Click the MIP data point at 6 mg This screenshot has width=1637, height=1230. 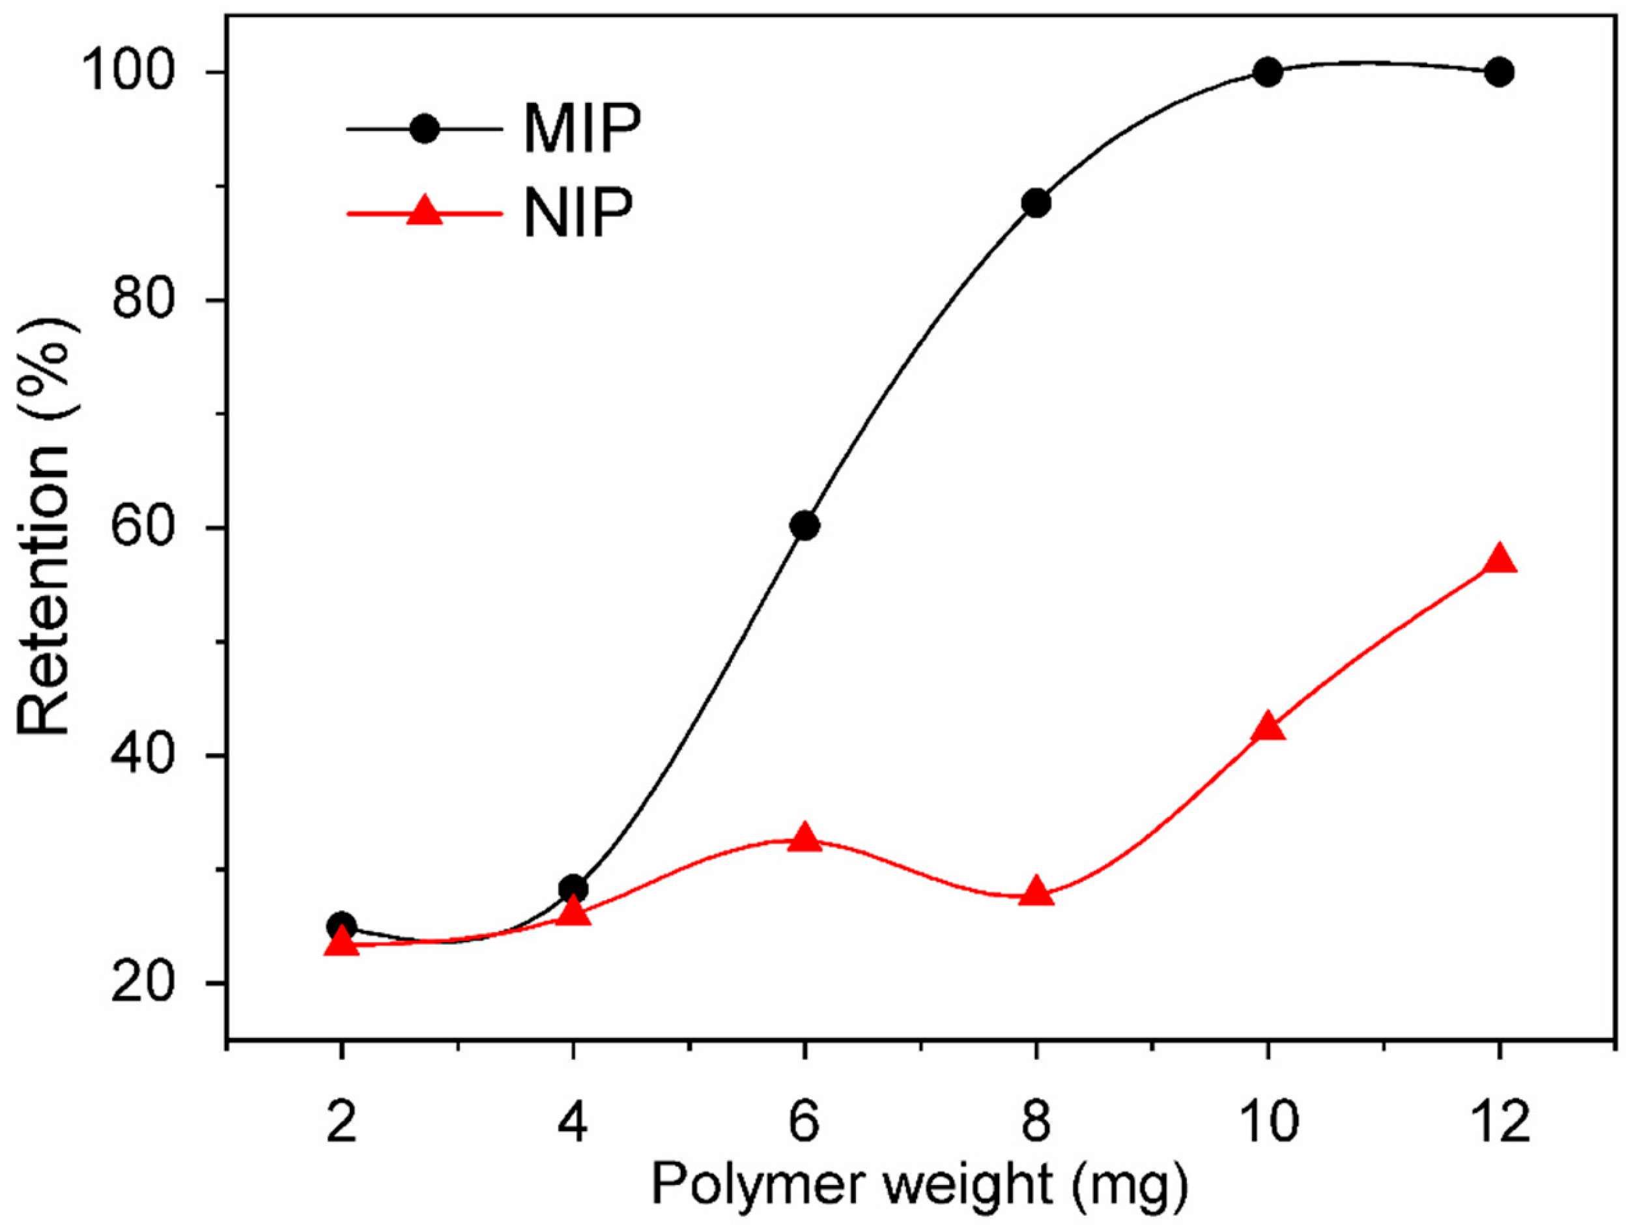804,526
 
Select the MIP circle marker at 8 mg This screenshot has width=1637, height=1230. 1036,203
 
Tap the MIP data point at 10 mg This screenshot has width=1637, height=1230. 1268,72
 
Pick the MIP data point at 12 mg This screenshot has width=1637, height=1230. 1500,72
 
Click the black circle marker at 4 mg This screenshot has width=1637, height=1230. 573,888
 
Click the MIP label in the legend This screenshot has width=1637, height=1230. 581,130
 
